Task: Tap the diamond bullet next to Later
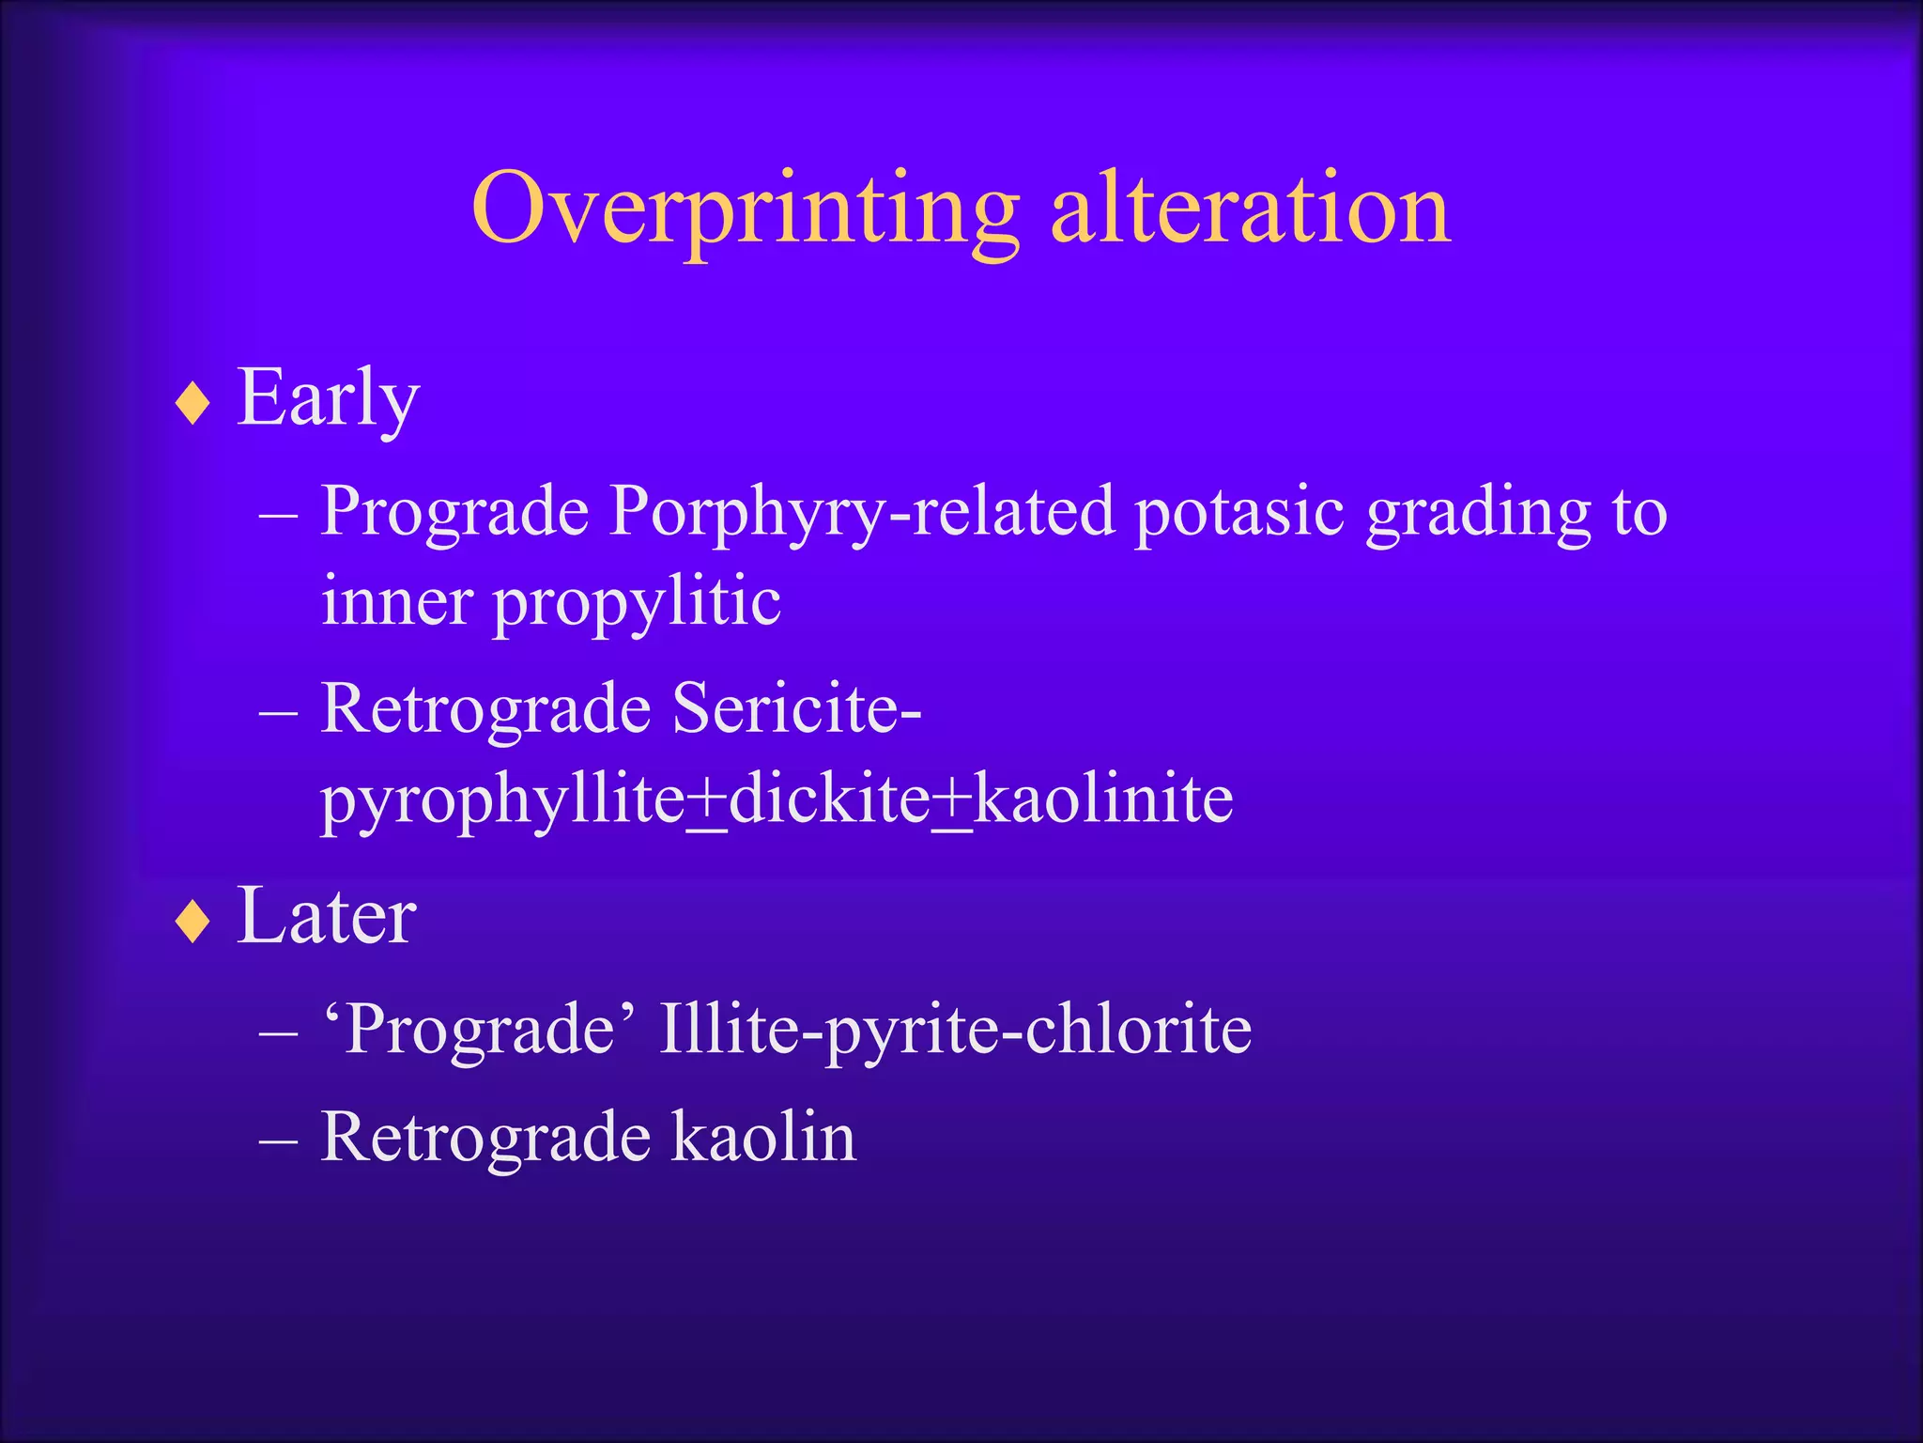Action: pos(192,922)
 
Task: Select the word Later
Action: pos(326,916)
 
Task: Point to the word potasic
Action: pos(1238,513)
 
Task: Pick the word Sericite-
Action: pos(797,709)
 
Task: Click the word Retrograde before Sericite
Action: pos(485,709)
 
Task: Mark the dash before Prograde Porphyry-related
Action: pos(278,516)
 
